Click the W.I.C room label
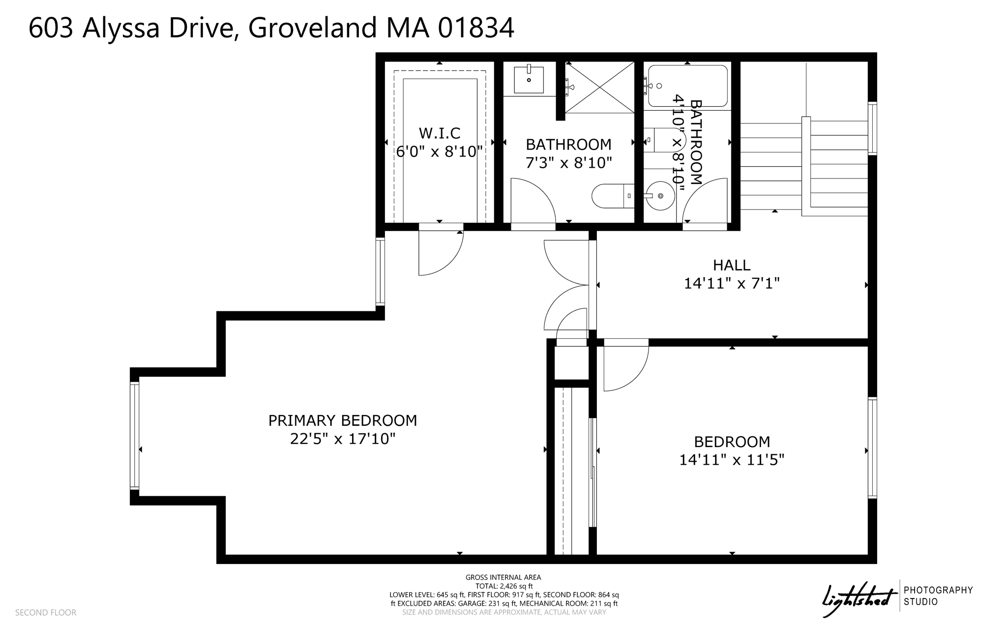[440, 133]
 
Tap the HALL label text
[732, 266]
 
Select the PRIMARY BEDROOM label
[342, 420]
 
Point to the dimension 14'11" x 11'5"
[732, 460]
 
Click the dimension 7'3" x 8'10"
[569, 163]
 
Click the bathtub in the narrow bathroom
[687, 86]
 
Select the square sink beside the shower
[529, 80]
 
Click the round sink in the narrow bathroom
[660, 196]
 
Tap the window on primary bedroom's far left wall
[134, 436]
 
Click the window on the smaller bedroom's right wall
[872, 448]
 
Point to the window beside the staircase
[872, 128]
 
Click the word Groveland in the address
[313, 28]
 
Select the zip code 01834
[476, 28]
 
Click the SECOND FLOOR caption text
[46, 612]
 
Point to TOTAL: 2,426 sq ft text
[503, 586]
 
